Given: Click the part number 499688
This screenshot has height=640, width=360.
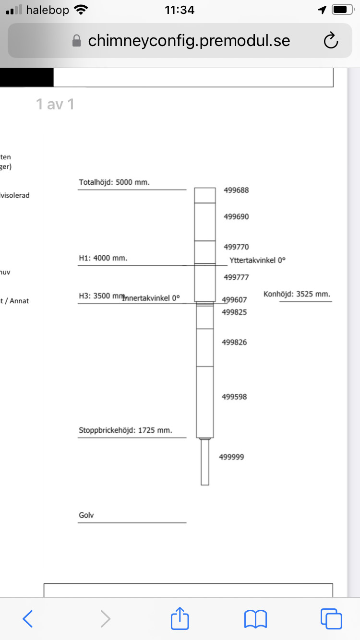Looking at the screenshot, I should point(236,190).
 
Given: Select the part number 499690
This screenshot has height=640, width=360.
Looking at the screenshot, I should point(236,217).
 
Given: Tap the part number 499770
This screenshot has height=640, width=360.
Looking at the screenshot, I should point(236,247).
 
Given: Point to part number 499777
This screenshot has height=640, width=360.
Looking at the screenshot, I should point(236,277).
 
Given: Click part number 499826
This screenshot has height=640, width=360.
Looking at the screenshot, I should point(234,343).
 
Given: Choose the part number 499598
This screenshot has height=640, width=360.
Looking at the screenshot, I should point(234,397).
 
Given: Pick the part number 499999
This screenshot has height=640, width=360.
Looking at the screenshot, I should point(231,457).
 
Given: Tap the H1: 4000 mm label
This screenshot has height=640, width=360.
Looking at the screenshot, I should point(103,258).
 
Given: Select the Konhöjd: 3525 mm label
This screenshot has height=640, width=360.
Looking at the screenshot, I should point(297,294).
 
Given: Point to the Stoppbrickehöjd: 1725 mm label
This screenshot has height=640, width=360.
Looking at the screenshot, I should point(125,430).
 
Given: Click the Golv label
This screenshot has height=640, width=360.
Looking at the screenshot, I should point(86,516).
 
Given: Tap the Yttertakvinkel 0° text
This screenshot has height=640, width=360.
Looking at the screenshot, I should point(258,260).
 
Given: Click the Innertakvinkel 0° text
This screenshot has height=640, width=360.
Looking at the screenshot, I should point(151,298).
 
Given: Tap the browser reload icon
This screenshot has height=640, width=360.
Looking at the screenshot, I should point(331,41).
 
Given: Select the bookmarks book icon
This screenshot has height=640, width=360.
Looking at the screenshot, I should point(255,619).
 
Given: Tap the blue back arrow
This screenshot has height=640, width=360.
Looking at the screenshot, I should point(28,619).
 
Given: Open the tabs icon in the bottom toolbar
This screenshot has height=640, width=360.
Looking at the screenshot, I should point(331,619).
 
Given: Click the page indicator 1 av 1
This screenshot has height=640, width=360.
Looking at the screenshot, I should point(55,104).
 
